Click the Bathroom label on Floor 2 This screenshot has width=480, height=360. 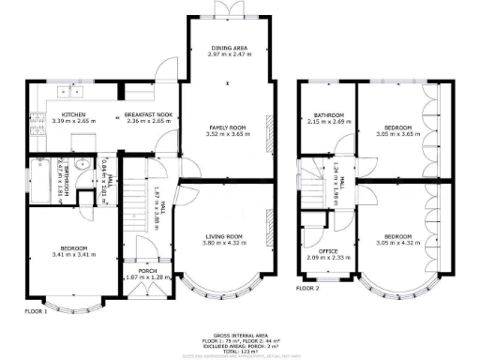327,115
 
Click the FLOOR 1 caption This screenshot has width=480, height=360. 35,309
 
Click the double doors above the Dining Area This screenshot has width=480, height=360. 225,9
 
